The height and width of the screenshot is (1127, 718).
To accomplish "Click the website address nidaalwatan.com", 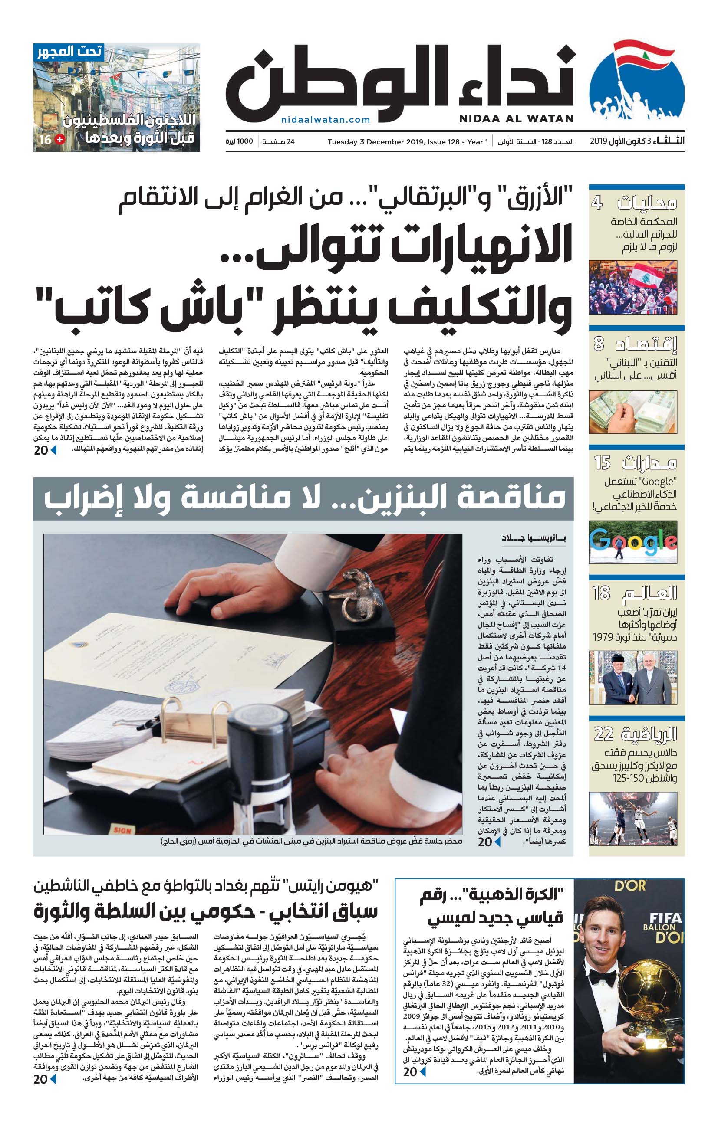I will click(x=326, y=120).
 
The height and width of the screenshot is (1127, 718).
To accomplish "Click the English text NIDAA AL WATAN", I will click(x=516, y=119).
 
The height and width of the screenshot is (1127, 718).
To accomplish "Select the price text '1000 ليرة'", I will click(x=239, y=141).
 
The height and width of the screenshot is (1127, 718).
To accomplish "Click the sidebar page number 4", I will click(x=597, y=203).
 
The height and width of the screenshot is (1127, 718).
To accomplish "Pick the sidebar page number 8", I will click(x=599, y=344).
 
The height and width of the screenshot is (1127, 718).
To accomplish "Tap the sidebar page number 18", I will click(x=601, y=593).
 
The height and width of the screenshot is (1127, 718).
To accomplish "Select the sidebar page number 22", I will click(x=603, y=734).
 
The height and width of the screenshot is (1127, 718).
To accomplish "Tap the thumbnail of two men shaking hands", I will click(x=633, y=677).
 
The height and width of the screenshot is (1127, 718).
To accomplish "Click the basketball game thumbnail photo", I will click(x=633, y=819).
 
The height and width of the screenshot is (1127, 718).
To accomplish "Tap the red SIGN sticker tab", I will click(x=123, y=830).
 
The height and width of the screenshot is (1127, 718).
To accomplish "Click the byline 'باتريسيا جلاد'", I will click(x=534, y=538).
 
